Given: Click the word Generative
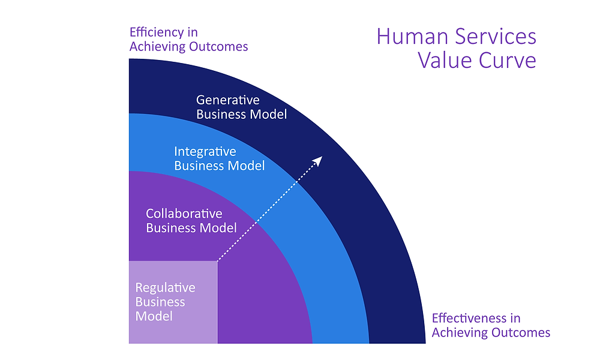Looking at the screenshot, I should pos(228,100).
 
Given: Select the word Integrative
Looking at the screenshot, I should pos(205,151).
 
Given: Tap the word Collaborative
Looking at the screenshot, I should pos(184,214).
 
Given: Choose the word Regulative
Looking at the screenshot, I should pos(165,287).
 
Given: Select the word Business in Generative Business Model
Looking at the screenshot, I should pos(221,114).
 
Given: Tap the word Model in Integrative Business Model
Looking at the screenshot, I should pos(248,166).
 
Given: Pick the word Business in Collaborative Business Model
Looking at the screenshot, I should pos(172,228).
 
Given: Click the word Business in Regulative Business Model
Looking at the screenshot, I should pos(160,302).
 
